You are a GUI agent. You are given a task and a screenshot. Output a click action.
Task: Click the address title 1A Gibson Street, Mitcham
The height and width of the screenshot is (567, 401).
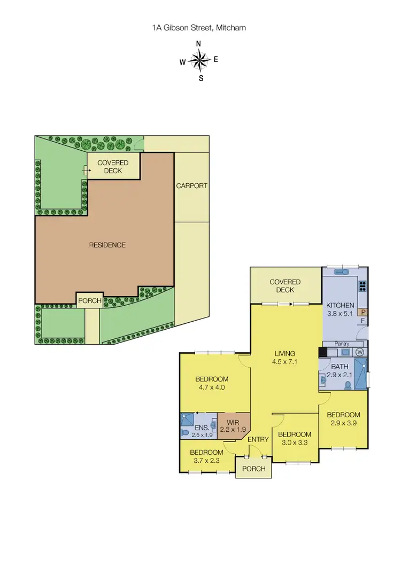point(199,28)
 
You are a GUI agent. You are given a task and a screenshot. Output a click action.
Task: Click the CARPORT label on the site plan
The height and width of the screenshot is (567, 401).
point(191,186)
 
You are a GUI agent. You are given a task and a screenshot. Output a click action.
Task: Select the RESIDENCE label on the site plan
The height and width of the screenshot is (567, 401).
point(107,245)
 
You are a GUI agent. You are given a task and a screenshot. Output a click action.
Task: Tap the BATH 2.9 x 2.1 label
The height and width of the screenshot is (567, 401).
point(340,371)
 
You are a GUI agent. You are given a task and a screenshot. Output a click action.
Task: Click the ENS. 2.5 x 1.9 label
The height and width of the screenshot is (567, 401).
point(202,431)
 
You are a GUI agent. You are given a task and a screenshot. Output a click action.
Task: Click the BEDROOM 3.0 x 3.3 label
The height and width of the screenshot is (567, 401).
point(295,438)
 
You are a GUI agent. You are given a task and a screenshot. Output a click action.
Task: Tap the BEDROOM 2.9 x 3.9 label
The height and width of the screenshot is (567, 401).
point(343,418)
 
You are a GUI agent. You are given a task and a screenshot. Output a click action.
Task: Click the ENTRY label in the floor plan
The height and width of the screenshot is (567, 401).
point(258,440)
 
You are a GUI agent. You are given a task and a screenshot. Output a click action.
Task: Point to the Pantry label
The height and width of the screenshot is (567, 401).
point(342,344)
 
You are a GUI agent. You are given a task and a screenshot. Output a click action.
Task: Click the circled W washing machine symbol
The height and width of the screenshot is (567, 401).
point(359,352)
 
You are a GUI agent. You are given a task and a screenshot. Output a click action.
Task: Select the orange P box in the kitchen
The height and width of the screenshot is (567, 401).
point(363,312)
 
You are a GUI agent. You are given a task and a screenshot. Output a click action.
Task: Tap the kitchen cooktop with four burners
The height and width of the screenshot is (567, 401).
point(363,285)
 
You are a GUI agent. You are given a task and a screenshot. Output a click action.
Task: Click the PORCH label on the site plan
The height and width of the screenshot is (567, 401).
point(90,301)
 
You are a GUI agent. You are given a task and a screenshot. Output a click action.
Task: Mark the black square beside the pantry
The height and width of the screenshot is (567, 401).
point(322,352)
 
